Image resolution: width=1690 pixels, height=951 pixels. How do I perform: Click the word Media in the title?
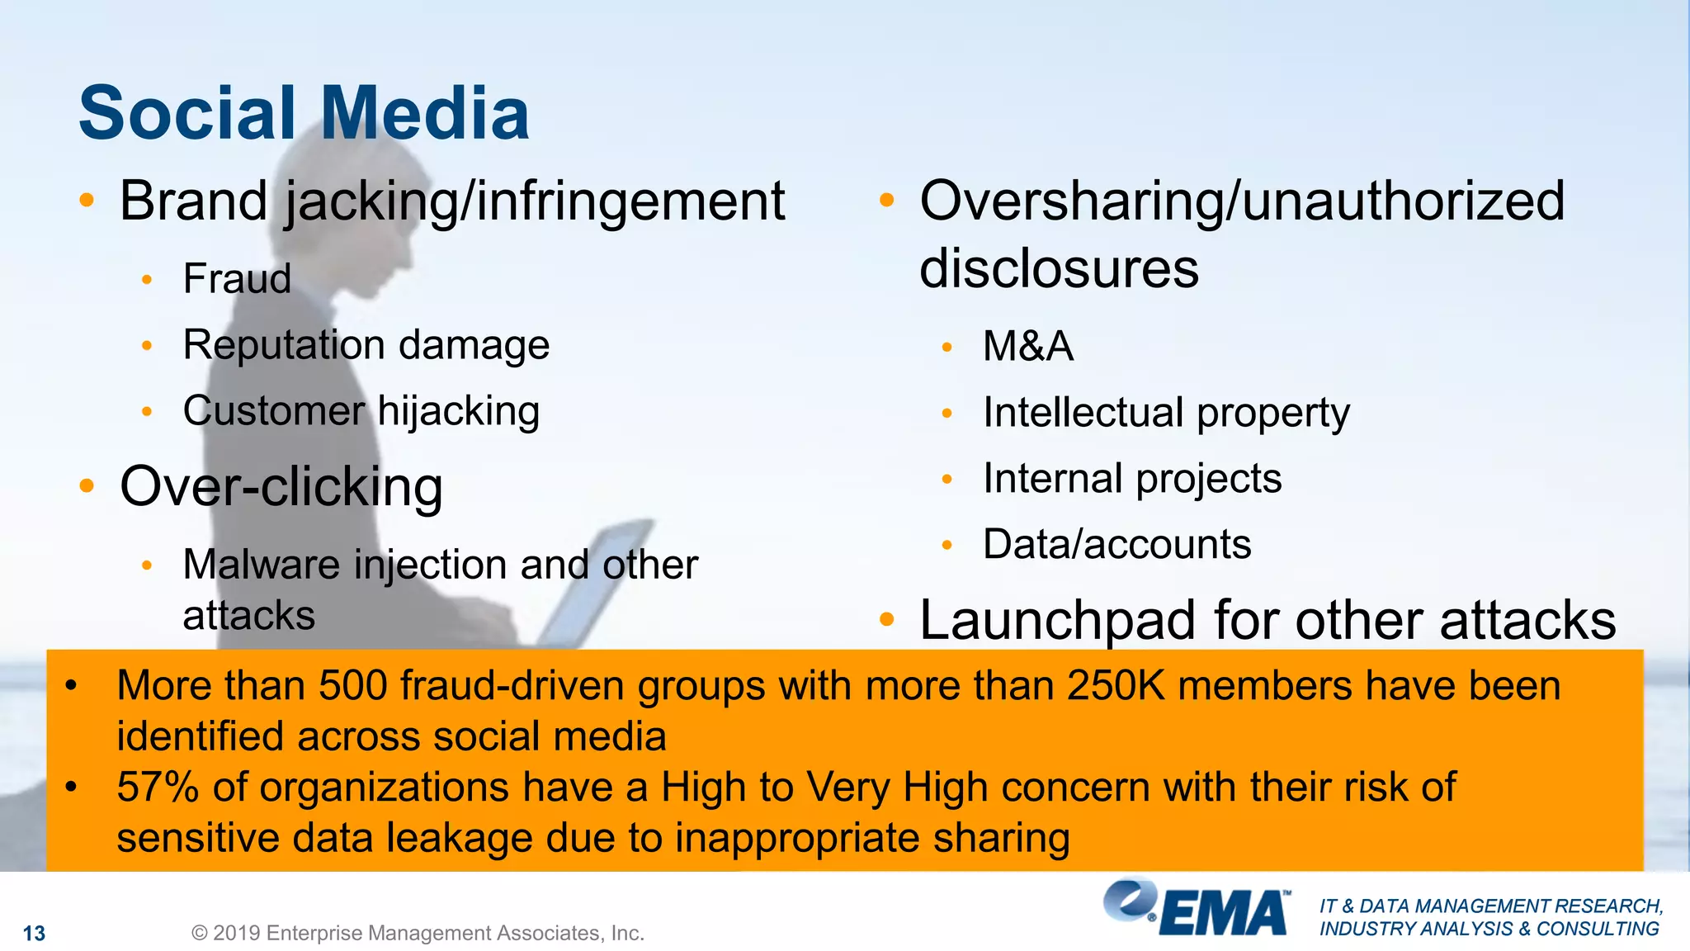click(424, 113)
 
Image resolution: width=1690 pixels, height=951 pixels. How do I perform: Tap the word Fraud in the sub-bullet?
click(237, 278)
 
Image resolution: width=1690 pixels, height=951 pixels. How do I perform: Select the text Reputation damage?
click(366, 344)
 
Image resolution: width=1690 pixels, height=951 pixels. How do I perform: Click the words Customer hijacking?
click(361, 411)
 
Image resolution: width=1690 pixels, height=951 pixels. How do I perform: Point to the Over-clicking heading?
click(281, 486)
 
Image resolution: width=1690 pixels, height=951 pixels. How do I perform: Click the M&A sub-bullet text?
click(1028, 346)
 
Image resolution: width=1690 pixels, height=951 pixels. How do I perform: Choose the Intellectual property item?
click(1166, 412)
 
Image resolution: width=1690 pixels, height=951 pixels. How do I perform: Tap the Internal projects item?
click(1132, 478)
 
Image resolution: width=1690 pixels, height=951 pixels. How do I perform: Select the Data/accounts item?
click(1117, 544)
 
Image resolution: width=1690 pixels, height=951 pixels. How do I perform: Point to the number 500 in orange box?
click(352, 686)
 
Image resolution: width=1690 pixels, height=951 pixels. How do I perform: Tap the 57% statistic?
click(158, 787)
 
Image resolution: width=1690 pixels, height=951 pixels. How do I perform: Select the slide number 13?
click(34, 934)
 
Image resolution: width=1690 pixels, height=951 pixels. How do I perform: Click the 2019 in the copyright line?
click(237, 934)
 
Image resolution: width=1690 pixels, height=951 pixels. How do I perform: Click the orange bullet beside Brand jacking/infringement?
click(87, 201)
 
